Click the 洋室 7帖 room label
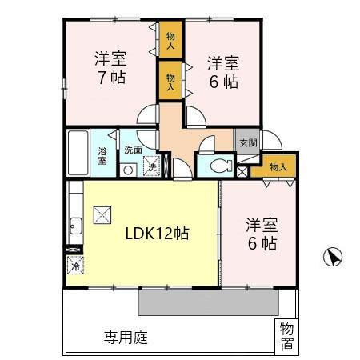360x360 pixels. (110, 68)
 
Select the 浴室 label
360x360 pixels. (102, 155)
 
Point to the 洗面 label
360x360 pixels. (133, 150)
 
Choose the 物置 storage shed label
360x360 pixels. (286, 335)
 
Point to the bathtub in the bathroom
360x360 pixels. (78, 153)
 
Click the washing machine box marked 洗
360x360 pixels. (151, 168)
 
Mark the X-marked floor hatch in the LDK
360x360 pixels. (102, 214)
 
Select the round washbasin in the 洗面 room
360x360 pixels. (127, 169)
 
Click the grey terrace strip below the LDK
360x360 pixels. (208, 301)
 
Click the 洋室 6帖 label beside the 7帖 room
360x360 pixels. (223, 70)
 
